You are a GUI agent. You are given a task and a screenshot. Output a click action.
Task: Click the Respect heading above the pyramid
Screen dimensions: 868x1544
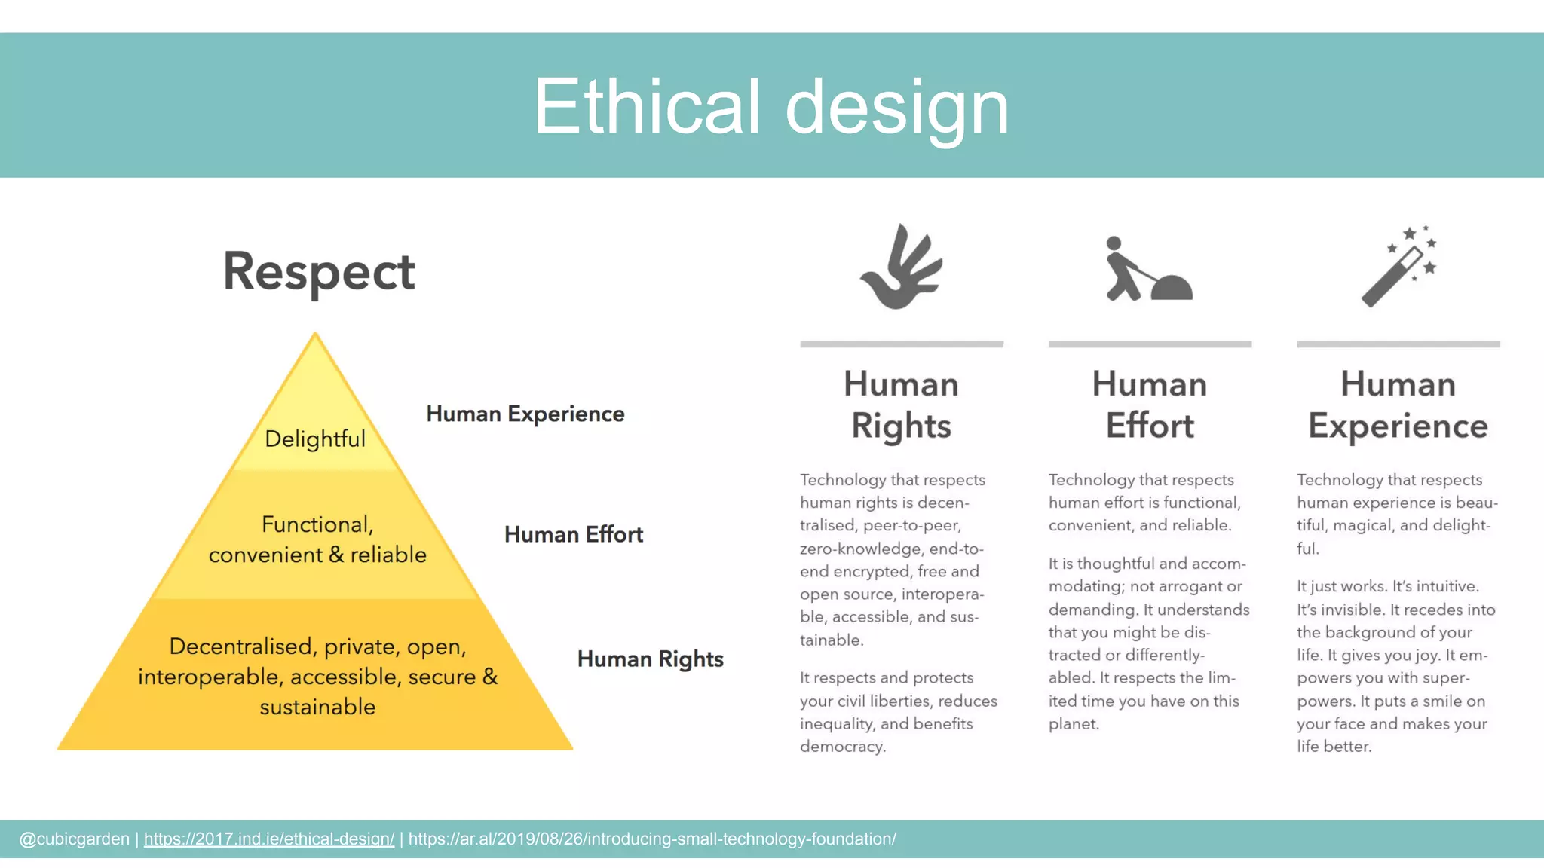pos(319,272)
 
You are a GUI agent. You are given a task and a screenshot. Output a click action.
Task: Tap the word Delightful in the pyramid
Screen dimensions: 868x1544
pos(315,439)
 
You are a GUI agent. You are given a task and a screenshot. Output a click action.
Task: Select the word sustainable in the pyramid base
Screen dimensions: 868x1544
pos(317,707)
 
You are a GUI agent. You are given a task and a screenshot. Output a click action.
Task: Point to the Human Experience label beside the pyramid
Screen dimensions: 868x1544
pos(525,414)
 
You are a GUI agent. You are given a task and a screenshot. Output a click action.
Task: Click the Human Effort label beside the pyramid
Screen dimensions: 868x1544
pos(574,534)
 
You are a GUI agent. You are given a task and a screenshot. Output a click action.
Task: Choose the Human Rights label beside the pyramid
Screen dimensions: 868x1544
pos(650,659)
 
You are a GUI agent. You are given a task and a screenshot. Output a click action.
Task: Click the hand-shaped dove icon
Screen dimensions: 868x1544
pos(902,267)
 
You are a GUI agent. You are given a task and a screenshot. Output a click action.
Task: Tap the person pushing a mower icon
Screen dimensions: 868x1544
pos(1148,270)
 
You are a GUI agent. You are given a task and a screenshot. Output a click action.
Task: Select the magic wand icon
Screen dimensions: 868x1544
pos(1398,267)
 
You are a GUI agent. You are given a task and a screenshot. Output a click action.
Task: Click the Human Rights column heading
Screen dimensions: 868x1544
pos(902,405)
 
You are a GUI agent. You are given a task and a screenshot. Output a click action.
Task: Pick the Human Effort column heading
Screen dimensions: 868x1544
pos(1150,405)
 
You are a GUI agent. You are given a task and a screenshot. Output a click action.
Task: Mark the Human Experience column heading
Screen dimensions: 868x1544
pos(1398,405)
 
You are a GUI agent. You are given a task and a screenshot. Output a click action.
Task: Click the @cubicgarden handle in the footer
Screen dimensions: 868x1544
pos(74,839)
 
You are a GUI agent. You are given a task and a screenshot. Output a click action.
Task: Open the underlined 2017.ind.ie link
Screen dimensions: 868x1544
pos(269,839)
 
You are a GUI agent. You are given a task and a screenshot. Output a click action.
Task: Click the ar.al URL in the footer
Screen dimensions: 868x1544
pos(652,839)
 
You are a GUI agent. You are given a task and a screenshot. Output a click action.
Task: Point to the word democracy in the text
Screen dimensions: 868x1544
pos(842,747)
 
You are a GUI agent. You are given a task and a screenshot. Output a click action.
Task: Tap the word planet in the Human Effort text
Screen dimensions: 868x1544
pos(1073,724)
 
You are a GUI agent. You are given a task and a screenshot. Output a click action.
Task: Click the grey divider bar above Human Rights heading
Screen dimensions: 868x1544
pos(902,344)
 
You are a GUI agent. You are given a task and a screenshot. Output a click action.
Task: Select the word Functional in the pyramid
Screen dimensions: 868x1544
pos(317,524)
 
